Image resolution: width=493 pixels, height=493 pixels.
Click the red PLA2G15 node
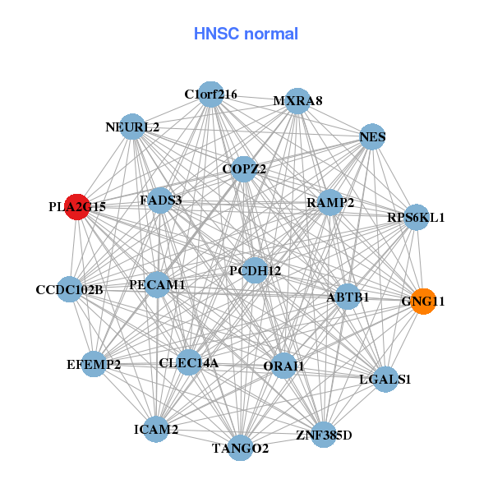click(77, 206)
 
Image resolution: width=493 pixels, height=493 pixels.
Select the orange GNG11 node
click(423, 301)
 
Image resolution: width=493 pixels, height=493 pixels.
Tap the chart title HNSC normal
click(246, 34)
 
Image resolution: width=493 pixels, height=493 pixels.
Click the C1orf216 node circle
click(211, 94)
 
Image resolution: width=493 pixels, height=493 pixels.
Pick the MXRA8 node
click(297, 101)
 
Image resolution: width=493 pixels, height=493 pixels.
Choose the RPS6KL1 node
click(417, 218)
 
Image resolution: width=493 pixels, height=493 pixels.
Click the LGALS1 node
click(385, 380)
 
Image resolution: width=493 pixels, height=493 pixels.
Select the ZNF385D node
click(323, 435)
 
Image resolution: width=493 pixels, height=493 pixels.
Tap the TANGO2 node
click(240, 448)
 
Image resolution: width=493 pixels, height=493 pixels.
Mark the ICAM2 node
click(156, 429)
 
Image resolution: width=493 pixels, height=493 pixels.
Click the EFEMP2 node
click(94, 364)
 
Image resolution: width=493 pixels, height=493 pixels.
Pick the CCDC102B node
click(69, 289)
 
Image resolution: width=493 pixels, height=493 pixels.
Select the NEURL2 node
click(132, 127)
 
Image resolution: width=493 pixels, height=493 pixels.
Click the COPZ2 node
click(244, 169)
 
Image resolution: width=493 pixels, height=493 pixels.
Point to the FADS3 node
click(160, 200)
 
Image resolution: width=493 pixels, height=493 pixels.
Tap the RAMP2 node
click(329, 202)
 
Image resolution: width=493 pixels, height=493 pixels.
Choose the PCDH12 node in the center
click(255, 270)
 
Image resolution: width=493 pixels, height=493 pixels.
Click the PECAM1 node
click(157, 285)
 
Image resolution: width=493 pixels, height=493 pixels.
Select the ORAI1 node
click(283, 366)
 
